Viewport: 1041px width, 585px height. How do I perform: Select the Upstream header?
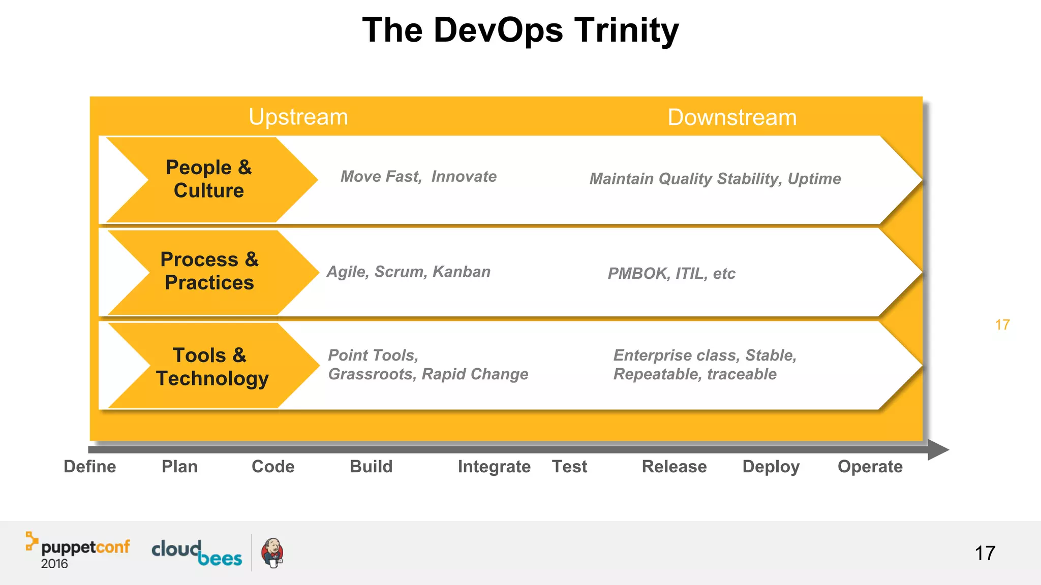(x=298, y=117)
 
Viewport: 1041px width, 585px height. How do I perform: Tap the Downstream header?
(x=731, y=118)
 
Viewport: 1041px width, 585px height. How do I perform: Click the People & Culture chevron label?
(x=209, y=179)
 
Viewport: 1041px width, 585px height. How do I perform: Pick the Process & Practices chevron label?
(x=209, y=271)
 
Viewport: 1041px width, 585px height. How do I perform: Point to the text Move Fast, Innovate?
(x=418, y=177)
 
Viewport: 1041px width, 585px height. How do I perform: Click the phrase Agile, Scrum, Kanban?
(x=408, y=272)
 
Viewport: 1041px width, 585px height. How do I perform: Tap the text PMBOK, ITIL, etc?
(x=671, y=274)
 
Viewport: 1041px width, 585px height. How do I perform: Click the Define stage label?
(x=90, y=467)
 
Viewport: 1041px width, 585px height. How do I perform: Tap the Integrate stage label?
(x=494, y=467)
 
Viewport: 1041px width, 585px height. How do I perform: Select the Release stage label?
(x=674, y=467)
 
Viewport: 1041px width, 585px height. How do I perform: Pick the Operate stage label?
(x=870, y=467)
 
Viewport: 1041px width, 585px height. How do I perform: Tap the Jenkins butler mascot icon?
(x=272, y=553)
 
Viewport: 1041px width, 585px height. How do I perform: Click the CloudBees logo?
(x=197, y=553)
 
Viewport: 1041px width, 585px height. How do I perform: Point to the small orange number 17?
(x=1002, y=325)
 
